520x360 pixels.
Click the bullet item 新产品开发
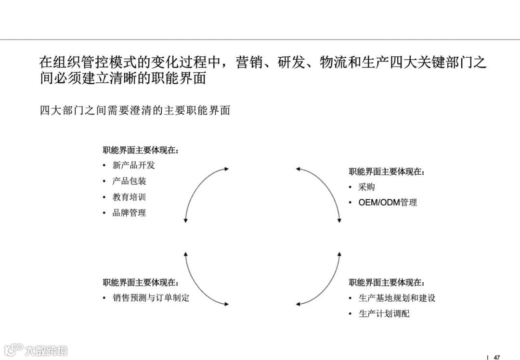134,165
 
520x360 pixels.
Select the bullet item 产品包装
129,181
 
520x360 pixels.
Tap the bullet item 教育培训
129,197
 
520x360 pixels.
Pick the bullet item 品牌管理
129,213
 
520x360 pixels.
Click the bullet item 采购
367,187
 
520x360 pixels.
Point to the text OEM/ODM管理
388,203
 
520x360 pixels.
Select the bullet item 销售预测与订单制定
151,298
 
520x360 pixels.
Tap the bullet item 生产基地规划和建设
397,298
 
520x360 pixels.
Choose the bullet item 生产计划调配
384,314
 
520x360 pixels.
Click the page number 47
497,357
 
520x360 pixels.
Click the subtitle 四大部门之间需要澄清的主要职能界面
135,111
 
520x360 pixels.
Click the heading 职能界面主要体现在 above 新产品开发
141,150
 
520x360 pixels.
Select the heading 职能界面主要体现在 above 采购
387,171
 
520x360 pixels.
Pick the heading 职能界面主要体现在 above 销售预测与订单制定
141,283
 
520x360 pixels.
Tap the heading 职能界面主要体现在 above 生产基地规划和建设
387,283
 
